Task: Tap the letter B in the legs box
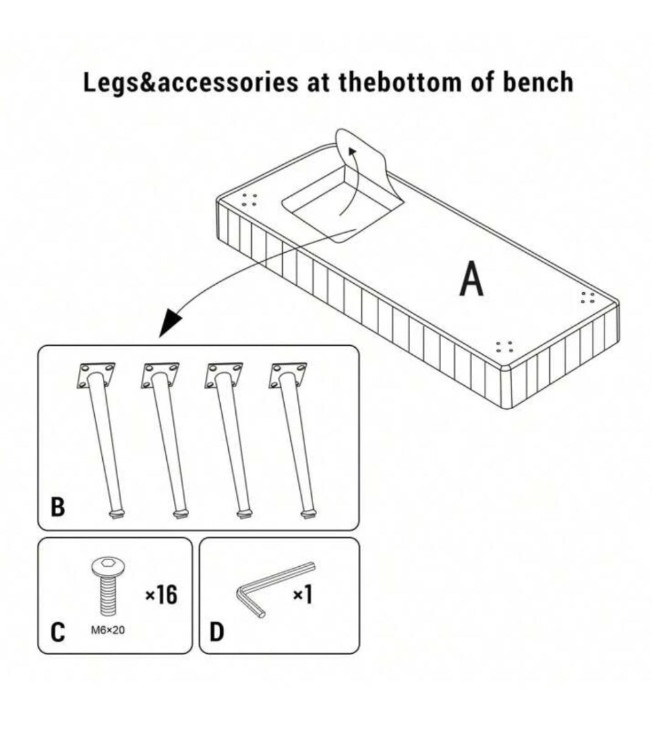click(59, 508)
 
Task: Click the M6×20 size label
click(107, 630)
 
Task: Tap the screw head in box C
click(107, 567)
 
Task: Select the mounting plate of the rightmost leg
click(288, 374)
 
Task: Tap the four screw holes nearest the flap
click(249, 200)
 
